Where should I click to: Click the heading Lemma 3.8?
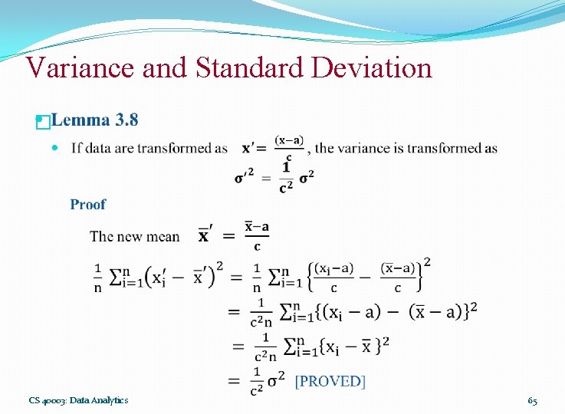tap(95, 120)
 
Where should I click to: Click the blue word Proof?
tap(88, 204)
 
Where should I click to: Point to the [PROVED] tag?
tap(330, 381)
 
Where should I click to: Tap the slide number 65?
tap(532, 400)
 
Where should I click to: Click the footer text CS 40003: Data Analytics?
tap(79, 400)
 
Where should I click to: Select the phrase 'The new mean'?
tap(135, 236)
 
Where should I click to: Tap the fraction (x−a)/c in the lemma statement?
tap(289, 148)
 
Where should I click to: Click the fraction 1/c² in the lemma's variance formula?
tap(286, 177)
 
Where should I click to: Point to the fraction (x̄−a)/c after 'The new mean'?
tap(257, 236)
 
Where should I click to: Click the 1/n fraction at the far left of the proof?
tap(97, 277)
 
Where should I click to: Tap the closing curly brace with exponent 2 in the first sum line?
tap(422, 274)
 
